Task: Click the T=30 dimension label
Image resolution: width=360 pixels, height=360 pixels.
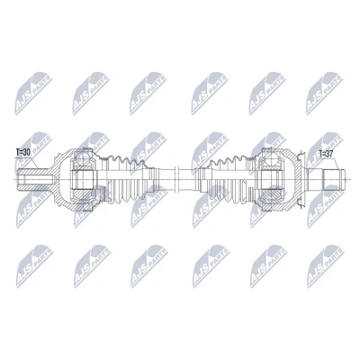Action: [x=23, y=152]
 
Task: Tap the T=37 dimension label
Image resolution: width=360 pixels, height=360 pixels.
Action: [x=327, y=155]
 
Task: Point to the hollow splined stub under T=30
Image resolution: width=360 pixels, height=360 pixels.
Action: [x=32, y=179]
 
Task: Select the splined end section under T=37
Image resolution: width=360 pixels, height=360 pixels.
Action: [x=334, y=179]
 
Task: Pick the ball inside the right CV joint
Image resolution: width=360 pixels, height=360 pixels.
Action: [x=273, y=157]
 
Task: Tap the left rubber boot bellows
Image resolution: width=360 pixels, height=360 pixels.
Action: [x=128, y=179]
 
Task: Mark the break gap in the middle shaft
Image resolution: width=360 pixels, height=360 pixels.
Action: [x=176, y=179]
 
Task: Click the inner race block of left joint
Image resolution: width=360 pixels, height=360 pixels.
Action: [x=84, y=179]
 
